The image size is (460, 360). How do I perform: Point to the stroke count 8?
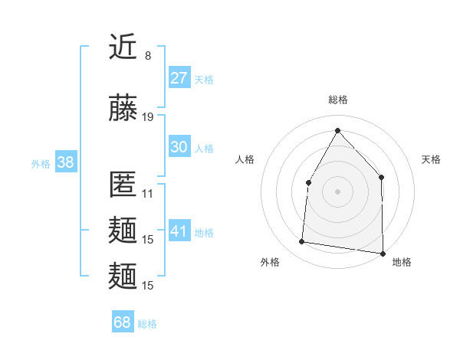click(x=148, y=56)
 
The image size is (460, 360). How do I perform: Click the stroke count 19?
click(x=148, y=116)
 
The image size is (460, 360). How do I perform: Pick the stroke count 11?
click(x=148, y=194)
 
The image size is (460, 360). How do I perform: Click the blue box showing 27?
click(x=179, y=78)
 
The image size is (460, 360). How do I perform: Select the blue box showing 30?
click(x=179, y=147)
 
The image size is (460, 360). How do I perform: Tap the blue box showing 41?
click(x=179, y=231)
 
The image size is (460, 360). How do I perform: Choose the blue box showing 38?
click(x=65, y=162)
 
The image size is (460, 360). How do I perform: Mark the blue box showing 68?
click(x=123, y=322)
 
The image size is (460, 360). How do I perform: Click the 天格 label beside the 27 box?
click(x=204, y=80)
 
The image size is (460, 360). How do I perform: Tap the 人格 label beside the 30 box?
click(x=204, y=149)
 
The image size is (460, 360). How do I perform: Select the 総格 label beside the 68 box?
click(x=147, y=324)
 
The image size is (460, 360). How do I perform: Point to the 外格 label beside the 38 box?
click(x=41, y=164)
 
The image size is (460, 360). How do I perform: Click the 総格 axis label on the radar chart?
click(x=337, y=100)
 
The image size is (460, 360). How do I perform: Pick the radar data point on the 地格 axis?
click(x=383, y=254)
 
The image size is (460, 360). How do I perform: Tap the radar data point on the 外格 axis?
click(x=301, y=242)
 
